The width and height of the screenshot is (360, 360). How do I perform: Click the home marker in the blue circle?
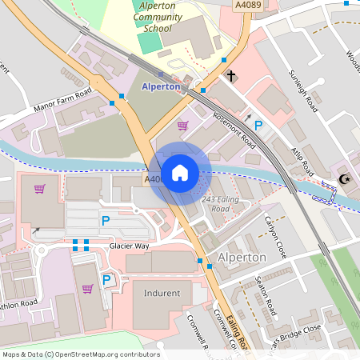click(180, 173)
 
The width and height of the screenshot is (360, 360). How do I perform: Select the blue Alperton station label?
click(161, 86)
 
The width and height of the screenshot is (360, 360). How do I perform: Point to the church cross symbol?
click(231, 77)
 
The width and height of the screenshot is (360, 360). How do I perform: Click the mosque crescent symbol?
click(345, 179)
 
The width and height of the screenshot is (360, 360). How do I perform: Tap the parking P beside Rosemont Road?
click(258, 126)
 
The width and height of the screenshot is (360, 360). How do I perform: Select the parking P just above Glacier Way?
click(105, 220)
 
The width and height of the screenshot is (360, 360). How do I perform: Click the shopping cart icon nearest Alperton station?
click(182, 125)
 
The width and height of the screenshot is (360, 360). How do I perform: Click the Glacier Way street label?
click(130, 246)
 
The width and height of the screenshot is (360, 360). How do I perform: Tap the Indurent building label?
click(162, 293)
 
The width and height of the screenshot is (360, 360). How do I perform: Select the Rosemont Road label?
click(234, 130)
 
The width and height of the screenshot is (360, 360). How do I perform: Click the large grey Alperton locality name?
click(242, 258)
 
